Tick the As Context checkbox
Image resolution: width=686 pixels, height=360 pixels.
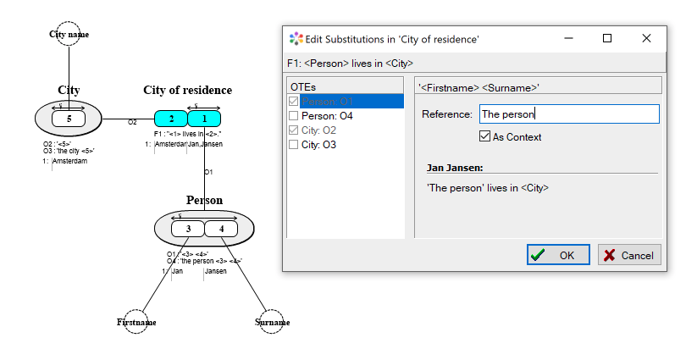(485, 136)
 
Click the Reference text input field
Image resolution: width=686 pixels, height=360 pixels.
(568, 114)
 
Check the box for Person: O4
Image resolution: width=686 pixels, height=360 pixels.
(294, 116)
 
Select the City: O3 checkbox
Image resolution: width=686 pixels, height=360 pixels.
(294, 145)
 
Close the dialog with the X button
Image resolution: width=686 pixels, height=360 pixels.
(647, 38)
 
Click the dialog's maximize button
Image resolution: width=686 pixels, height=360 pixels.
(607, 38)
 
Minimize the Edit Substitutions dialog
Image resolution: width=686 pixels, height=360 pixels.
(567, 38)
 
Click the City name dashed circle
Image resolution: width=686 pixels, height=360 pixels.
(69, 34)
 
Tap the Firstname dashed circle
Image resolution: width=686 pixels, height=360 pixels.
(136, 322)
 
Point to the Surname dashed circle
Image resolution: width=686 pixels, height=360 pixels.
(272, 322)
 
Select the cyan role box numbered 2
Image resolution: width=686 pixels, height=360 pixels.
(171, 119)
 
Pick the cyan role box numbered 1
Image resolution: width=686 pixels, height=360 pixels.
(204, 119)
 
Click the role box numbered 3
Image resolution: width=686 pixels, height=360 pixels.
(188, 229)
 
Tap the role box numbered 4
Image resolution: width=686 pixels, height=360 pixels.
(222, 229)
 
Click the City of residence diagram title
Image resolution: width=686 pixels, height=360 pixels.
(187, 90)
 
